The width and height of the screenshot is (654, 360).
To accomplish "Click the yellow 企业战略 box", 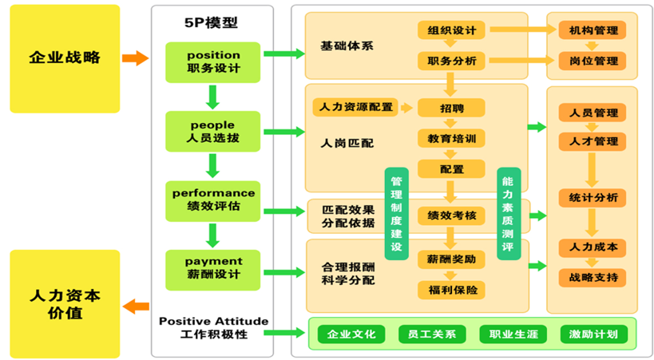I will point(65,58).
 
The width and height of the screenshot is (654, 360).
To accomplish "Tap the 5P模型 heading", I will point(212,23).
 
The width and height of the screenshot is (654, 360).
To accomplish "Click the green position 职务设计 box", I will point(213,62).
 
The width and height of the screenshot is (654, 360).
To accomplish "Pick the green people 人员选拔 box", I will point(213,132).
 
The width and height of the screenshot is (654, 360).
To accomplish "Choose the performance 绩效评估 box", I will point(213,200).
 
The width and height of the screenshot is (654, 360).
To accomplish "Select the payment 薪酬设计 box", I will point(213,269).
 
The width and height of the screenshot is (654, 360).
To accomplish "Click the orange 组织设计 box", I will point(451,30).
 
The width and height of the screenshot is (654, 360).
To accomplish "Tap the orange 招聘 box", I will point(451,108).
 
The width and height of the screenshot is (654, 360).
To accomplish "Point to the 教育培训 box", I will point(451,139).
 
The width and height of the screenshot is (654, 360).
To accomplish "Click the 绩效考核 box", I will point(451,216).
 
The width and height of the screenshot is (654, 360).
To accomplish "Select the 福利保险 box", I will point(451,290).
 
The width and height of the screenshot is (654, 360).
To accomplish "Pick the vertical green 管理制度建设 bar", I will point(395,214).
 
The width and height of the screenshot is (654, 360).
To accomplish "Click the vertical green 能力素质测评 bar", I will point(508,214).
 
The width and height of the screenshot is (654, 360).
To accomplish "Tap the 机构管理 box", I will point(593,30).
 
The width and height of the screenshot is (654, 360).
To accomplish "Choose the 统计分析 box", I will point(593,197).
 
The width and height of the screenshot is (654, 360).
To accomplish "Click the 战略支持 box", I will point(593,278).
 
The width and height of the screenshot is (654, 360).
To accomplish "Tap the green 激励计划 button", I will point(593,334).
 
